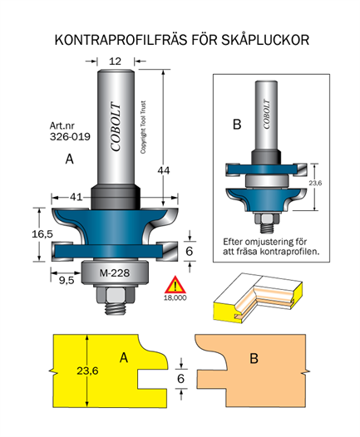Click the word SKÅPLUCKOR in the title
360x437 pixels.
click(265, 40)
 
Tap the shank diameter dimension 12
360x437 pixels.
click(116, 61)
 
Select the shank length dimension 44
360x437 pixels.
click(164, 170)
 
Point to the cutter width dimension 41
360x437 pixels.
click(76, 197)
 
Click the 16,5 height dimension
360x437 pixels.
click(42, 233)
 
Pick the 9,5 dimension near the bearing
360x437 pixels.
click(67, 280)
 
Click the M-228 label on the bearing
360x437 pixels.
click(115, 273)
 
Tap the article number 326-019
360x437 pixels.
click(71, 136)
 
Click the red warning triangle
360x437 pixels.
click(175, 285)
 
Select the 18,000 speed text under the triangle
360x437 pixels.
click(175, 297)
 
